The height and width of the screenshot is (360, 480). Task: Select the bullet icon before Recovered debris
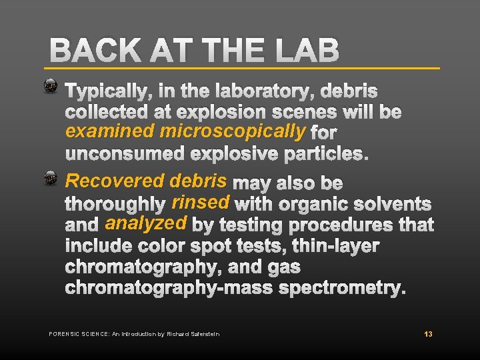tap(51, 178)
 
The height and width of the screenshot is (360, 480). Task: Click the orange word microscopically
tap(233, 131)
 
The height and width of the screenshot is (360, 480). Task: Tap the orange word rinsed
tap(201, 201)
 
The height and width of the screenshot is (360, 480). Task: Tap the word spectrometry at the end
tap(345, 289)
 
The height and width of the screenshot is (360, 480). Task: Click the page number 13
tap(428, 333)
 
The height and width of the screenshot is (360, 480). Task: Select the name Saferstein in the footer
tap(203, 333)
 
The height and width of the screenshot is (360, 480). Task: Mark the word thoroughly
tap(115, 203)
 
